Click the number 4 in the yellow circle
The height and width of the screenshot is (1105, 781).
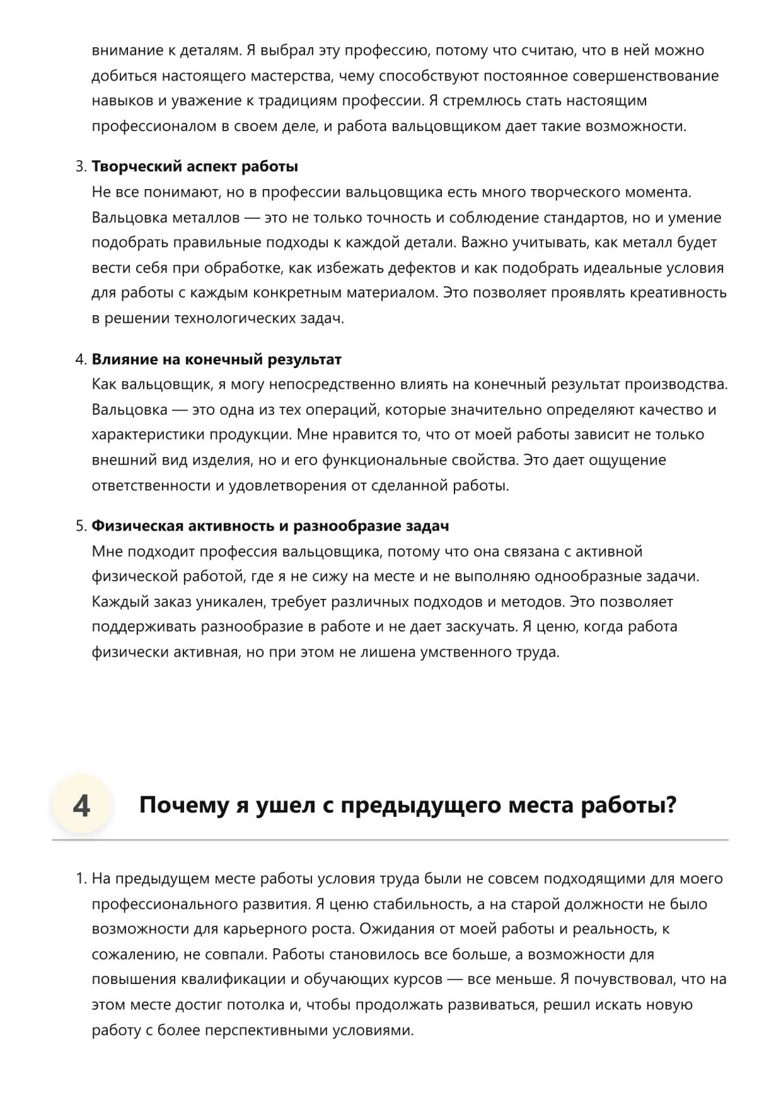click(81, 806)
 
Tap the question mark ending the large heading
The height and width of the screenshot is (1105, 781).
click(671, 806)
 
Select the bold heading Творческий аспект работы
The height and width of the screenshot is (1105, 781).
click(195, 167)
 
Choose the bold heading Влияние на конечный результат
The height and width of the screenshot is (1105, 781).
click(216, 360)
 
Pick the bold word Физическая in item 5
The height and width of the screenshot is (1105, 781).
click(137, 526)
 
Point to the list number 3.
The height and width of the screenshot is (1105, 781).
click(80, 167)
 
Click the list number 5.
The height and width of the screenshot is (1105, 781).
click(80, 526)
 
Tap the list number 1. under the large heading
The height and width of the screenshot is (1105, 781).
click(80, 879)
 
